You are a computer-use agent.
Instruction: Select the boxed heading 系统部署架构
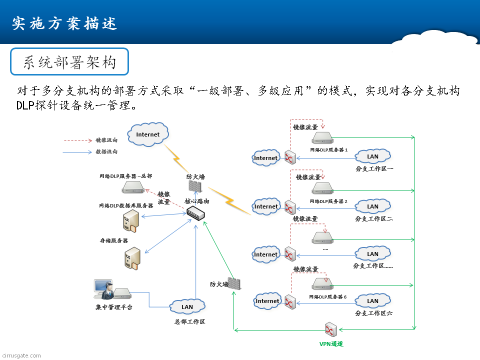[x=69, y=62]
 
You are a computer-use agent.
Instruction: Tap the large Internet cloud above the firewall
[x=147, y=134]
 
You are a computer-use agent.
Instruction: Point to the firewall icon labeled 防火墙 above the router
[x=195, y=186]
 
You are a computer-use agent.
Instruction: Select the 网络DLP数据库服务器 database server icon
[x=130, y=220]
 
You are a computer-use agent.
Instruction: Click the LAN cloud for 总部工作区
[x=187, y=306]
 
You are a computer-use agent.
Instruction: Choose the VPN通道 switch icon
[x=330, y=330]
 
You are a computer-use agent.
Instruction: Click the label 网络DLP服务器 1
[x=328, y=149]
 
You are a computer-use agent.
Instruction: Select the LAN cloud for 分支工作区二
[x=372, y=206]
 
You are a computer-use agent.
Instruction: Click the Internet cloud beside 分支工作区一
[x=266, y=158]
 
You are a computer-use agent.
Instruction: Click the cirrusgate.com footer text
[x=21, y=355]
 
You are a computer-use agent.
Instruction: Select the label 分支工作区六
[x=373, y=313]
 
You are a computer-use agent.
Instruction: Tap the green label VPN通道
[x=331, y=344]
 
